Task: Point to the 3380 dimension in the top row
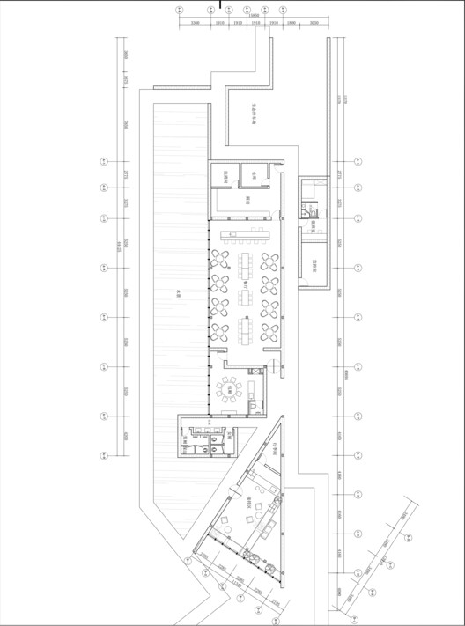(x=196, y=23)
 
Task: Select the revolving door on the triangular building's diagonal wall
(x=250, y=556)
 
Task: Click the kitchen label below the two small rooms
(x=249, y=199)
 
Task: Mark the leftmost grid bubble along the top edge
(x=180, y=11)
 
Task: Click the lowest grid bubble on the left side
(x=103, y=455)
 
